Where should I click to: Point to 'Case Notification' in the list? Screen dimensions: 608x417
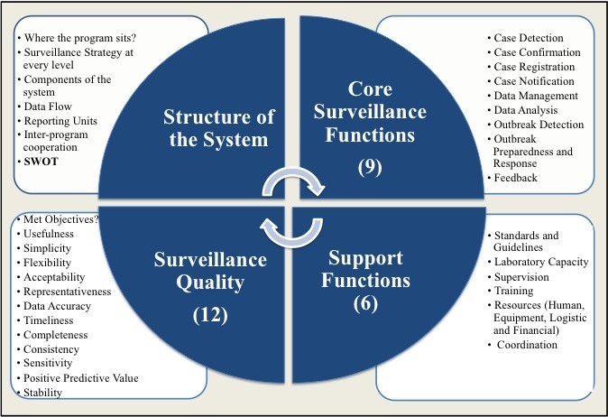(534, 81)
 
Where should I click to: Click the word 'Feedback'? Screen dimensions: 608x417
(516, 178)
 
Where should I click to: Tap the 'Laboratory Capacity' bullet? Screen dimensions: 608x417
(541, 262)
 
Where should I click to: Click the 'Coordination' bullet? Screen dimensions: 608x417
(527, 344)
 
